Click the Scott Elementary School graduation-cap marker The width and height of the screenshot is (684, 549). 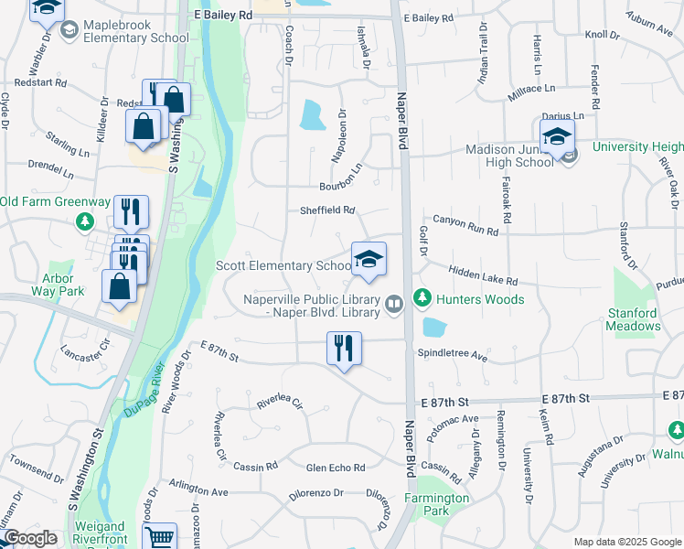point(369,259)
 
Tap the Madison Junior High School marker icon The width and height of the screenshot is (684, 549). point(557,138)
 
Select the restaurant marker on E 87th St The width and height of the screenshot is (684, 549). point(345,349)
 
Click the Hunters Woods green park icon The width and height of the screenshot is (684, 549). point(422,298)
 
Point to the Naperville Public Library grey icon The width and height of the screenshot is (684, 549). point(394,303)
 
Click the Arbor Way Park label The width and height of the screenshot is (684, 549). point(62,284)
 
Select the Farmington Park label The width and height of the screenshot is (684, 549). point(439,505)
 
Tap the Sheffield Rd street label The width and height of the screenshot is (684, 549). point(326,210)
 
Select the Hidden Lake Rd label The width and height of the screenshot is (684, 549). point(483,275)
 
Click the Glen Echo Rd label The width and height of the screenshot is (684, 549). point(336,468)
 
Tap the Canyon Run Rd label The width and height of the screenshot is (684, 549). point(465,226)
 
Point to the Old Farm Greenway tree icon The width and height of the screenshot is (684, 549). point(84,221)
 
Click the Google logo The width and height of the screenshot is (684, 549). point(30,538)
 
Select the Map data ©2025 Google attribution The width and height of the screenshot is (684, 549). point(627,542)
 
